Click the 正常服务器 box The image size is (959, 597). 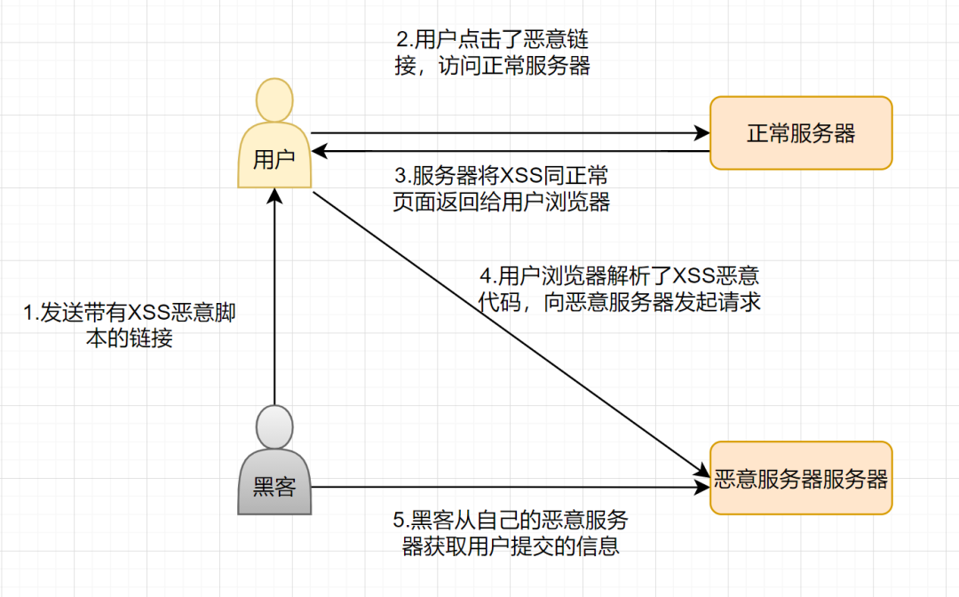point(800,133)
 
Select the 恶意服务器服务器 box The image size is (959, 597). point(800,479)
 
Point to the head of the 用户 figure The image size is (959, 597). point(274,100)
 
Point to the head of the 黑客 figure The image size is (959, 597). point(274,427)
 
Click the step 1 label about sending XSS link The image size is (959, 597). point(130,326)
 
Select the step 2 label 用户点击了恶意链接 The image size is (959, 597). point(492,53)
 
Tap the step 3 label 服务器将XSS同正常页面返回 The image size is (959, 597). point(502,188)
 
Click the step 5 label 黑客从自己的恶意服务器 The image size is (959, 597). point(510,532)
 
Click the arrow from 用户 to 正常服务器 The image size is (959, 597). point(511,134)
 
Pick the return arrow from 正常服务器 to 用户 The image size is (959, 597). point(511,153)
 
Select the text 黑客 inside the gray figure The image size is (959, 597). point(274,487)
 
